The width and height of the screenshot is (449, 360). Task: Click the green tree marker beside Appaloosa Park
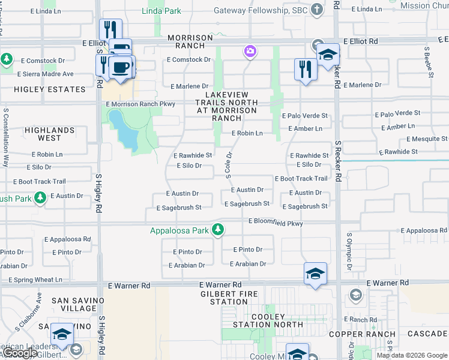pos(218,230)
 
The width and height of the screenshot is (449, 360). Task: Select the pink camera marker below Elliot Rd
pos(250,52)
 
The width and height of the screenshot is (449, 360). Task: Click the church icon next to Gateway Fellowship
pos(318,10)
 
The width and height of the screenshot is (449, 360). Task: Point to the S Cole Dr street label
pos(229,164)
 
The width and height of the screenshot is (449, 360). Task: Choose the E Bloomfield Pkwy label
pos(276,223)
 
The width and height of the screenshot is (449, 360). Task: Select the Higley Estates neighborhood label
pos(50,89)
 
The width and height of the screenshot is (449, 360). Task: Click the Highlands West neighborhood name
pos(50,134)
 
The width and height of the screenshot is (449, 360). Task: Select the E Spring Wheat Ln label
pos(35,280)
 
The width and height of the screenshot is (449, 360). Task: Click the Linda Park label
pos(161,11)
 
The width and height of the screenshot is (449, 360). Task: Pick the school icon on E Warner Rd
pos(316,274)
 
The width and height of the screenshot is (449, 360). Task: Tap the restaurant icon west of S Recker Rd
pos(306,69)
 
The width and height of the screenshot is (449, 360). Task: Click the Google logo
pos(19,353)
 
